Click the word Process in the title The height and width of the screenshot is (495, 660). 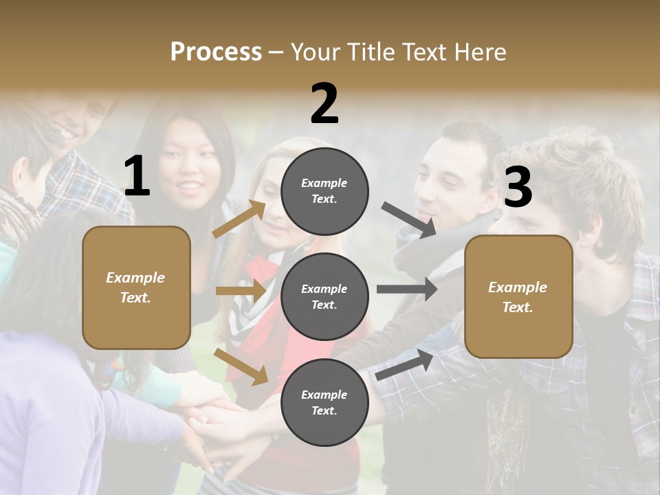pyautogui.click(x=216, y=52)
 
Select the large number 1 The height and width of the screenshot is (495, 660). pyautogui.click(x=137, y=177)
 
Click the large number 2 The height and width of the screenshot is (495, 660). pyautogui.click(x=324, y=104)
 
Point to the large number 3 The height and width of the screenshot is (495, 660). pyautogui.click(x=518, y=187)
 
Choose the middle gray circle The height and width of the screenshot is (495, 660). pyautogui.click(x=324, y=296)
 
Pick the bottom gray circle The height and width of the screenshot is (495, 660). pyautogui.click(x=324, y=402)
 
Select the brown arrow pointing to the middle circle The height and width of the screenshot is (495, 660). pyautogui.click(x=241, y=291)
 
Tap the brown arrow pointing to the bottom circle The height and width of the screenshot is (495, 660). pyautogui.click(x=241, y=366)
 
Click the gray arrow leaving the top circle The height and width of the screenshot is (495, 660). pyautogui.click(x=409, y=219)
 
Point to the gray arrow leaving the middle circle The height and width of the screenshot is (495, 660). pyautogui.click(x=406, y=289)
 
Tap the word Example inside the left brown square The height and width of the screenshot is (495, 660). pyautogui.click(x=135, y=278)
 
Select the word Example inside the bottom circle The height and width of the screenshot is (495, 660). pyautogui.click(x=324, y=395)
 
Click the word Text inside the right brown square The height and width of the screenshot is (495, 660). pyautogui.click(x=518, y=307)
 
